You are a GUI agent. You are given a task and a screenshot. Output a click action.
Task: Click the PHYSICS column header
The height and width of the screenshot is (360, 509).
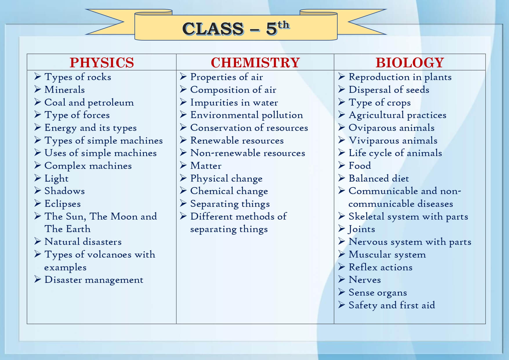(102, 63)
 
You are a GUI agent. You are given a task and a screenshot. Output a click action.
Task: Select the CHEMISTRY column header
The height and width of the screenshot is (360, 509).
(255, 63)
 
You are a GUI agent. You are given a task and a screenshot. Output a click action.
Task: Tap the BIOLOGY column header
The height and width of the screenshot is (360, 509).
(410, 63)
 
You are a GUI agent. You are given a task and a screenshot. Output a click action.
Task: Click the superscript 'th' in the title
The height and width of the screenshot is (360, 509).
(284, 25)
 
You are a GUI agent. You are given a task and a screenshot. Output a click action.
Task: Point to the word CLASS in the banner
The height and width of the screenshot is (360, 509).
(213, 29)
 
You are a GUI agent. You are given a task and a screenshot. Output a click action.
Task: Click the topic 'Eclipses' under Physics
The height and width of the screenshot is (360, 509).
(63, 204)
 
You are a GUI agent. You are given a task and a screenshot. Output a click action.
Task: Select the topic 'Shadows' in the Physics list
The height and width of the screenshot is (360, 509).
(65, 191)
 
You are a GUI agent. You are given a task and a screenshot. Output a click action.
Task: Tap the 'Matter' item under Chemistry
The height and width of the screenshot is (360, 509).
(206, 166)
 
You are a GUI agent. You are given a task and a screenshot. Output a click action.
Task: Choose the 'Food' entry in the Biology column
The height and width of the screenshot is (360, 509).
(360, 166)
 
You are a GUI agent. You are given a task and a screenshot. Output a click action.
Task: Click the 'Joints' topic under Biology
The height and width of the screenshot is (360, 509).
(362, 229)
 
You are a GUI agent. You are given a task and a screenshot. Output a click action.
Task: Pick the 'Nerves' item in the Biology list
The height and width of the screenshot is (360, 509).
(365, 280)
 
